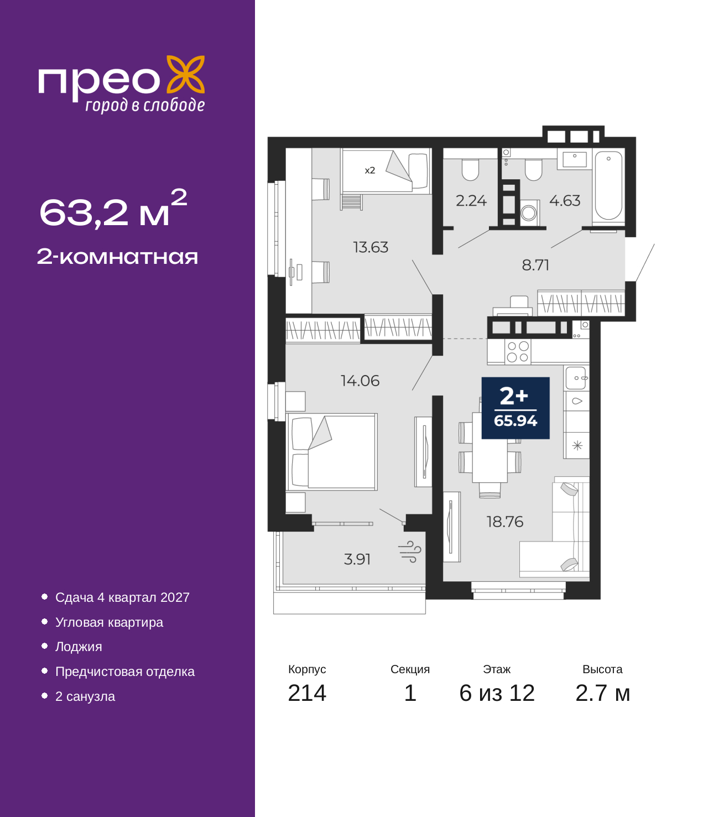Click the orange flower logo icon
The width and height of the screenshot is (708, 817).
(x=185, y=74)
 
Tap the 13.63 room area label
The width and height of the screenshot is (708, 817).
(x=371, y=247)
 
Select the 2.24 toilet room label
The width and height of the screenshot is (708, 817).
(x=471, y=201)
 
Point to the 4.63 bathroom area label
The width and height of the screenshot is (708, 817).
(x=565, y=201)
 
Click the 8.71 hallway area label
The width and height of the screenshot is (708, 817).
(x=535, y=265)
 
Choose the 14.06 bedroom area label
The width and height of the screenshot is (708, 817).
(x=360, y=381)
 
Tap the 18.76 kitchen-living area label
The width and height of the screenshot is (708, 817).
(x=505, y=522)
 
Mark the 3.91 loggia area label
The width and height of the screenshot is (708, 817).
(x=357, y=559)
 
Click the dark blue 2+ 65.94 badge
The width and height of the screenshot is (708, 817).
(x=515, y=408)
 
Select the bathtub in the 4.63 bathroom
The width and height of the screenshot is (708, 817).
(x=608, y=185)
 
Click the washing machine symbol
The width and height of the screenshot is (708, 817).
(x=529, y=212)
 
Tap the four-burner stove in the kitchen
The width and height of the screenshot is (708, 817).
(x=518, y=351)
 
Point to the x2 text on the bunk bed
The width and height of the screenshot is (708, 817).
(x=369, y=170)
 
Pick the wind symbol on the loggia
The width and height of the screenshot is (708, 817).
(x=410, y=551)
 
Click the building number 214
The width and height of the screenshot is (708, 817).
(x=307, y=693)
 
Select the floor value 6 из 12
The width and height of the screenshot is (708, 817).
(x=497, y=693)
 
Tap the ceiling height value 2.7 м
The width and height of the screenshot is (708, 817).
(x=602, y=693)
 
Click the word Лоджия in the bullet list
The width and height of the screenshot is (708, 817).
(x=79, y=647)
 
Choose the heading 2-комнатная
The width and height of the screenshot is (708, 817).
(x=117, y=257)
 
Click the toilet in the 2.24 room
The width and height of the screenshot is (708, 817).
(x=470, y=170)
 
